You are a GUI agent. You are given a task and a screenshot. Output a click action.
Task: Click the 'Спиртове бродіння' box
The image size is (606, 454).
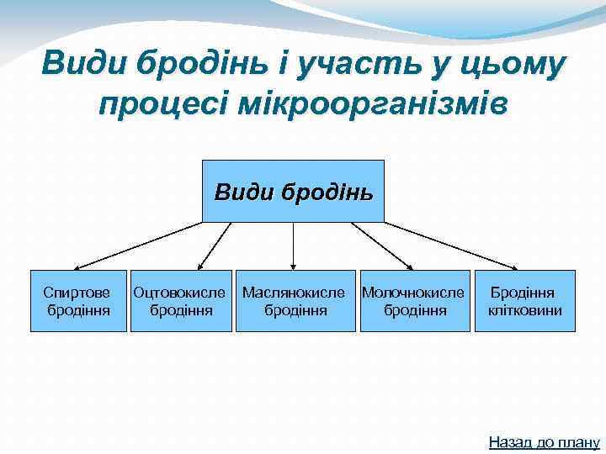[x=77, y=301]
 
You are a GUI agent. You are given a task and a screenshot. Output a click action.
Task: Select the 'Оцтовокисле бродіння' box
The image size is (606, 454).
[x=180, y=301]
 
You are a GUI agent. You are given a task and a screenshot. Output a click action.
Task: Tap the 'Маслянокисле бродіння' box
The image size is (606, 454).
[x=295, y=301]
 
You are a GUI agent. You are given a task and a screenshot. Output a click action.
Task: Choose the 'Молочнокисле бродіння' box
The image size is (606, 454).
[x=414, y=301]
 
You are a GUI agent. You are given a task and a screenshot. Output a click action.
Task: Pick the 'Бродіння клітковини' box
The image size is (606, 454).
[x=524, y=301]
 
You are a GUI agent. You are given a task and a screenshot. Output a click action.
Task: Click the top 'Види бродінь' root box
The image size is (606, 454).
[x=293, y=191]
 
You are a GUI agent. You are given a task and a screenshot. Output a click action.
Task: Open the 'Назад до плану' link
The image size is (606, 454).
[x=544, y=441]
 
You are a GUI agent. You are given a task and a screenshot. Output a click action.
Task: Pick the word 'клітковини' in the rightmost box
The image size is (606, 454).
[x=524, y=310]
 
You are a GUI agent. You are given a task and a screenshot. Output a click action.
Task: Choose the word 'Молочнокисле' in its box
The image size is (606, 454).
[x=412, y=293]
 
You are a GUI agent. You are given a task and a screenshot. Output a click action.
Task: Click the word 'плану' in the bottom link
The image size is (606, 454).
[x=577, y=441]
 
